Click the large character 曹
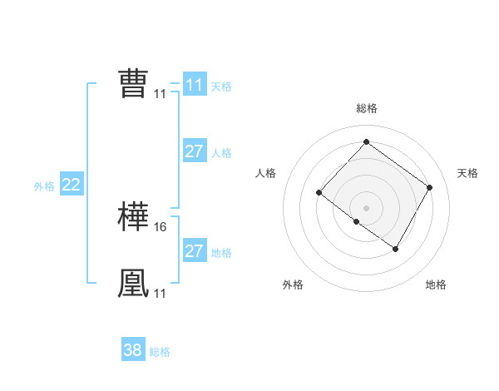[x=133, y=83]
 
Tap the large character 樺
[x=133, y=217]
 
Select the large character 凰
[x=133, y=283]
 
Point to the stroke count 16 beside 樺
[x=161, y=226]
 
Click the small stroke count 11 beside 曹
[x=161, y=94]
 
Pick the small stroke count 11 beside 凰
[x=161, y=293]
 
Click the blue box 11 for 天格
[x=194, y=85]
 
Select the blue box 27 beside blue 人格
[x=194, y=151]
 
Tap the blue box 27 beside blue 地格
[x=194, y=251]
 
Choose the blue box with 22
[x=71, y=185]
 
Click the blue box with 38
[x=132, y=350]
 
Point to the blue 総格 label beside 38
[x=160, y=352]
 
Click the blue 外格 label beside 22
[x=44, y=186]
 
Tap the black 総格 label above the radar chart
[x=366, y=108]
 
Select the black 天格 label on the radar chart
[x=468, y=173]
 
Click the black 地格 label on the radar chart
[x=436, y=285]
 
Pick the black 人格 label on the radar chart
[x=265, y=173]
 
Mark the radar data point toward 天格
[x=429, y=187]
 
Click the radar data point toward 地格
[x=396, y=249]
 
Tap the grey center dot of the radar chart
[x=366, y=207]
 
